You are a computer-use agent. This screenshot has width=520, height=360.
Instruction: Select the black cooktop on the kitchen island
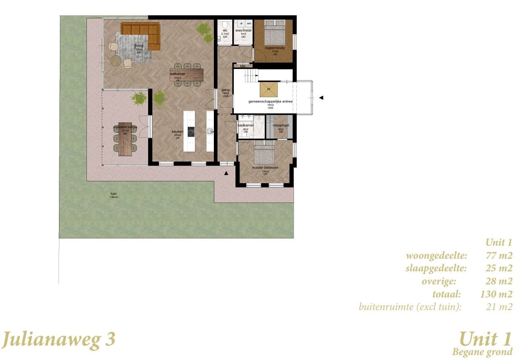[191, 131]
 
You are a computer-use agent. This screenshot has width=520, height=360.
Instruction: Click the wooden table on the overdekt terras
[125, 139]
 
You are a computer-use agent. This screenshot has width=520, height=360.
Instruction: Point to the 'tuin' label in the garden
[113, 194]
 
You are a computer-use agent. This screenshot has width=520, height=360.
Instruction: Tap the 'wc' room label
[224, 30]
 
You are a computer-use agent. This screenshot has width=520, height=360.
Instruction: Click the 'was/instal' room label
[243, 30]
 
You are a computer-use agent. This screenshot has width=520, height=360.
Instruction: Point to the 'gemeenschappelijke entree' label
[271, 102]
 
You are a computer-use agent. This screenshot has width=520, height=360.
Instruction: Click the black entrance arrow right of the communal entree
[321, 97]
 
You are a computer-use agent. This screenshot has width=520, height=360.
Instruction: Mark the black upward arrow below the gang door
[226, 172]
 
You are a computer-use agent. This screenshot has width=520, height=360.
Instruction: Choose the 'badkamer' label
[246, 125]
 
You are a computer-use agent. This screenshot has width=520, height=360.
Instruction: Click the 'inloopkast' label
[280, 125]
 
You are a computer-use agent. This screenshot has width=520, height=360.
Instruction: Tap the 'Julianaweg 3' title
[58, 339]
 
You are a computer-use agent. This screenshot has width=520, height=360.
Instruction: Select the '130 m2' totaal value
[497, 295]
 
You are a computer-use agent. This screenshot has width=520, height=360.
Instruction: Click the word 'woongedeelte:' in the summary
[437, 256]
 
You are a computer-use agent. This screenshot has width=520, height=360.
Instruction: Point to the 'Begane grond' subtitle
[482, 351]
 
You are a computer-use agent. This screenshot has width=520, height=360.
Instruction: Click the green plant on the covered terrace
[139, 98]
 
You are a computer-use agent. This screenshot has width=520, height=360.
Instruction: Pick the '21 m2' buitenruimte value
[500, 307]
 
